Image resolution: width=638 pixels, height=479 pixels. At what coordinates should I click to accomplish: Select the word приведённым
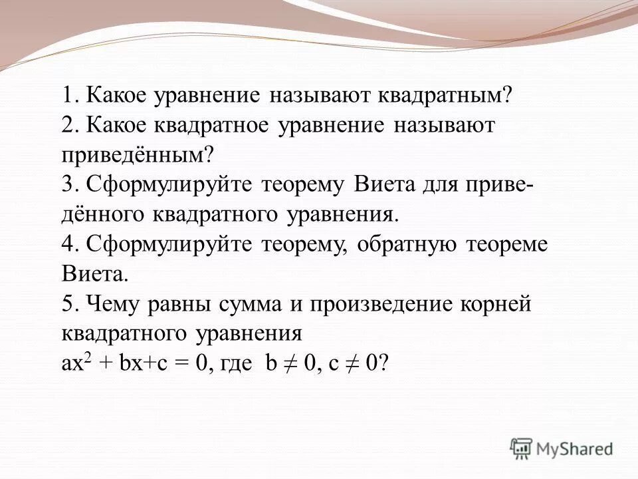[138, 155]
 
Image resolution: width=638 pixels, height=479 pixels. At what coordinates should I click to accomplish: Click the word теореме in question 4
[505, 244]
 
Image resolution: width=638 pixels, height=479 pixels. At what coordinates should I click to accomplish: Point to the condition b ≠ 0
[290, 363]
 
